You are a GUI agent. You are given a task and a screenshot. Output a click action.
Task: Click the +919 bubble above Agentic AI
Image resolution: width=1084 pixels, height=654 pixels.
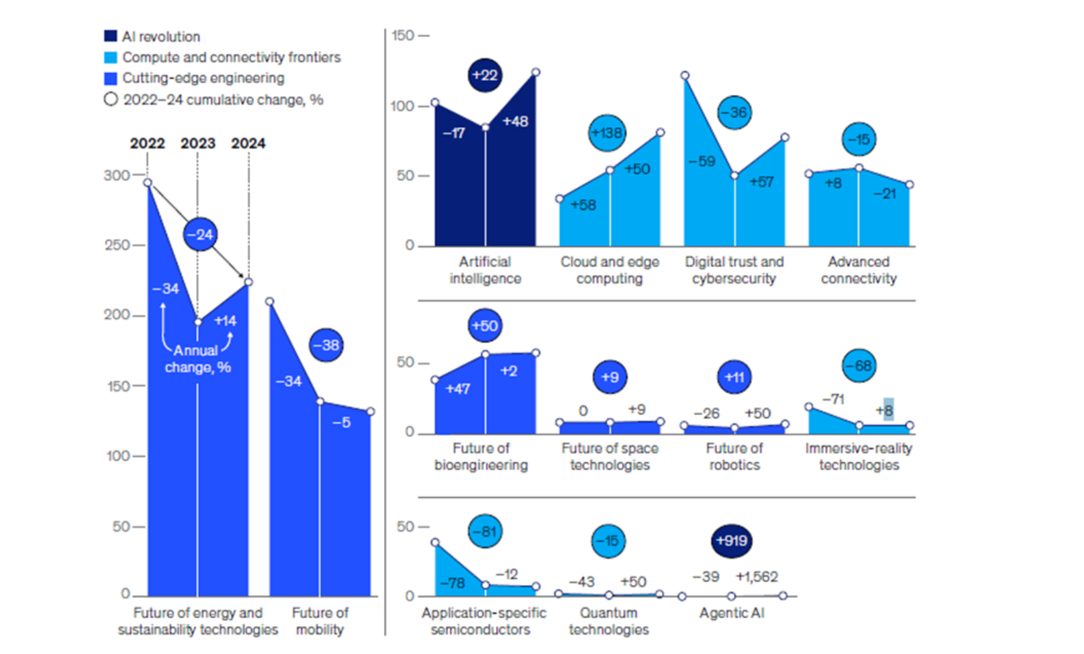(732, 541)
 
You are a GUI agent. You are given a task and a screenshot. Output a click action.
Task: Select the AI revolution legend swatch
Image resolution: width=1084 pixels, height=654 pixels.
(111, 36)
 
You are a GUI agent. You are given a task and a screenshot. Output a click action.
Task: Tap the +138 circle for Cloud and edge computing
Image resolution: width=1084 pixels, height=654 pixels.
(607, 133)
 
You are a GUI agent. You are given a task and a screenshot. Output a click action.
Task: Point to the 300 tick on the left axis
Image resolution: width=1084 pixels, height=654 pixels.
(117, 175)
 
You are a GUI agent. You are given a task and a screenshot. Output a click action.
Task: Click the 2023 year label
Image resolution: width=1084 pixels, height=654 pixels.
(197, 143)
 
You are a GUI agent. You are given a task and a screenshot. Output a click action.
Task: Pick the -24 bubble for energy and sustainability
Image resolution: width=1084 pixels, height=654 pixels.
(200, 235)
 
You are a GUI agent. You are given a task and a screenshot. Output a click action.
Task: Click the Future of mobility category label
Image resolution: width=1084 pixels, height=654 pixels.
(320, 621)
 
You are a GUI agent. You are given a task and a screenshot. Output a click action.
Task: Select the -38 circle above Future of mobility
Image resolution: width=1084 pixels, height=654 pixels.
(326, 345)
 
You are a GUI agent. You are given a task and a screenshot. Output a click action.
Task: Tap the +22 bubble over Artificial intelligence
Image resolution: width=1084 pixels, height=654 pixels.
(485, 75)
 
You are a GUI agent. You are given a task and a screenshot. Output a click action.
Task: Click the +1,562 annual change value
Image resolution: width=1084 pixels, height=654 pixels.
(757, 577)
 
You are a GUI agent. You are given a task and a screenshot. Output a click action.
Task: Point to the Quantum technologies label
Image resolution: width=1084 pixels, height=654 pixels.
(609, 621)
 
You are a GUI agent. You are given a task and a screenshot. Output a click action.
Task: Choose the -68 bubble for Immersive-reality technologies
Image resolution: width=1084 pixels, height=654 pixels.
(859, 366)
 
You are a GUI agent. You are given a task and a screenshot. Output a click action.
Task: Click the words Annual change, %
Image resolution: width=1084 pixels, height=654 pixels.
(197, 359)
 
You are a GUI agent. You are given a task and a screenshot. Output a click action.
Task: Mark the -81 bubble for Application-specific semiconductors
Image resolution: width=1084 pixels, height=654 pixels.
(485, 531)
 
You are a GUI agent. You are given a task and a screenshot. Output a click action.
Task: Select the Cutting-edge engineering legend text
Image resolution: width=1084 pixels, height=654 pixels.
(203, 78)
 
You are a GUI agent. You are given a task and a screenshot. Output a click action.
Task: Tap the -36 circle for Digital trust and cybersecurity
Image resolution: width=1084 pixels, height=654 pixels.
(734, 113)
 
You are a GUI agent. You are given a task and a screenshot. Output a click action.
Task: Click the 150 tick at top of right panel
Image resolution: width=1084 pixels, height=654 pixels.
(403, 35)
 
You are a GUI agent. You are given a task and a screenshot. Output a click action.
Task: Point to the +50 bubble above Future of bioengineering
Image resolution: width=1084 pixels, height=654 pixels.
(485, 326)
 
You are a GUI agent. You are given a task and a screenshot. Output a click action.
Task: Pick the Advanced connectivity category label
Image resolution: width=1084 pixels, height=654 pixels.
(859, 270)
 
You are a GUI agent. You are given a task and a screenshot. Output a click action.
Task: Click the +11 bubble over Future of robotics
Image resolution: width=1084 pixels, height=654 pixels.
(734, 377)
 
